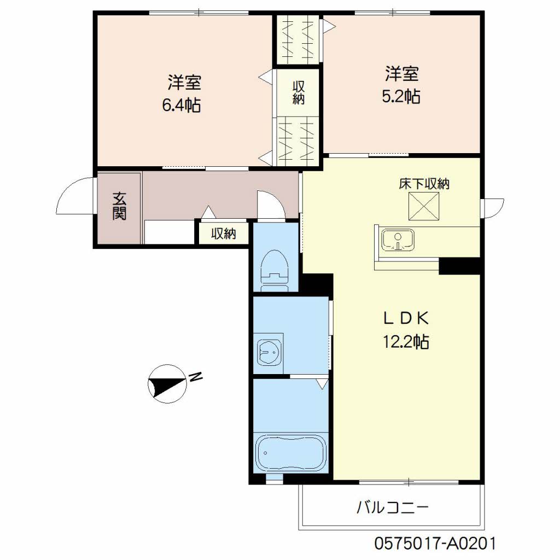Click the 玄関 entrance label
point(119,206)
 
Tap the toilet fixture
point(275,270)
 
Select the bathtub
point(291,452)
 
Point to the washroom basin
point(269,353)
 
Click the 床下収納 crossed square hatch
point(424,206)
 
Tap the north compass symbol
point(167,384)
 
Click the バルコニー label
point(392,507)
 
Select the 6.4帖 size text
point(182,106)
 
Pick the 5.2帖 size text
point(401,96)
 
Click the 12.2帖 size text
point(406,341)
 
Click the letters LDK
point(406,318)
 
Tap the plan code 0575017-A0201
point(435,544)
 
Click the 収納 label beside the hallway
point(224,234)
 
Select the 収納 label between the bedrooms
point(299,92)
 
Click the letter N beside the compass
point(196,377)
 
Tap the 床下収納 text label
point(424,184)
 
